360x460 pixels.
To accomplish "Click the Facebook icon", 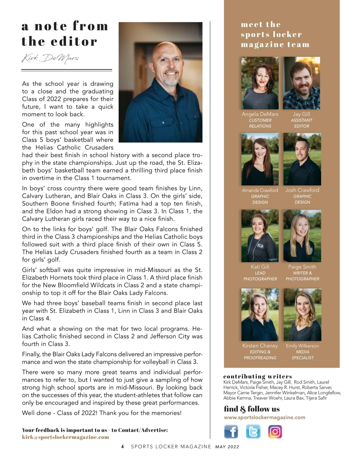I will click(231, 432).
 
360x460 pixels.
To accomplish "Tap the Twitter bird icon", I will click(253, 432).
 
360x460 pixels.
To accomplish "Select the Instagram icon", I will click(275, 432).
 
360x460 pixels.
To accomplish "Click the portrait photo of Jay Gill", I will click(301, 83).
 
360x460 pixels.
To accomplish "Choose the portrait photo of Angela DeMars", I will click(260, 83).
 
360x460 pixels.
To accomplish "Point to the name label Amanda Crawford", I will click(260, 190).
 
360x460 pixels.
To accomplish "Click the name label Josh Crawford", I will click(302, 190).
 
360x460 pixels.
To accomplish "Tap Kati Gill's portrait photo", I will click(260, 236).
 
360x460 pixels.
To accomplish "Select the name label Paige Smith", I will click(302, 267).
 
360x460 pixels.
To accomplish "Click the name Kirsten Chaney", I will click(260, 346).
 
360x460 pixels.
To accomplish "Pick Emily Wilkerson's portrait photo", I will click(302, 315).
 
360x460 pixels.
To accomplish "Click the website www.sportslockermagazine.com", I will click(265, 417).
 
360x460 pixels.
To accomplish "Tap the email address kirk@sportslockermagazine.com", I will click(65, 437).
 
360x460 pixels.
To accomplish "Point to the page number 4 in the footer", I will click(122, 447).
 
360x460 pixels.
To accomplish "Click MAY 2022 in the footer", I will click(227, 447).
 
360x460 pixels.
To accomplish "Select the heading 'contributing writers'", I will click(257, 376).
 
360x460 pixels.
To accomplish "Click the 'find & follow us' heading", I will click(252, 409).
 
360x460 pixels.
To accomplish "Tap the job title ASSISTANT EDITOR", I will click(301, 123).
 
